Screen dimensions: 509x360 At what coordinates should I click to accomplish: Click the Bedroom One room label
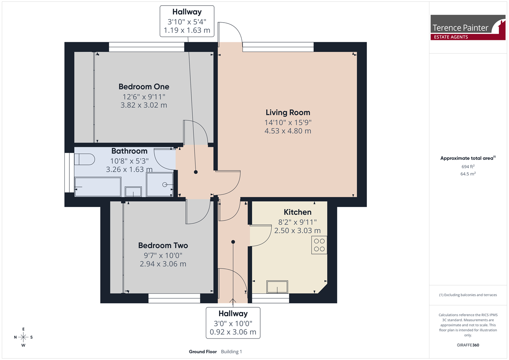click(x=144, y=87)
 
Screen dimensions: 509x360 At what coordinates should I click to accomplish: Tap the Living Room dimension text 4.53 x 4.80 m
click(x=288, y=131)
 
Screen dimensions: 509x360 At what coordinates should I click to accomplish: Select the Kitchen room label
click(x=297, y=212)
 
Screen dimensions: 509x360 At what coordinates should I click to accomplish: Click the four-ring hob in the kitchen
click(x=319, y=245)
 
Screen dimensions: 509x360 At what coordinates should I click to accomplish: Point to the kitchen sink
click(x=277, y=287)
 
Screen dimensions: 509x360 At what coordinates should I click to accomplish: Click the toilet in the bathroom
click(x=84, y=159)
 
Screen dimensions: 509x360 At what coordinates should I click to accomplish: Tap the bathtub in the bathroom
click(x=98, y=187)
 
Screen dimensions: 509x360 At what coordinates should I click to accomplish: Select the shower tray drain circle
click(x=164, y=185)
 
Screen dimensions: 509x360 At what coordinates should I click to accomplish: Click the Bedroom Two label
click(x=163, y=245)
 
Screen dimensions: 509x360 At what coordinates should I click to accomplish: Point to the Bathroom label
click(x=129, y=151)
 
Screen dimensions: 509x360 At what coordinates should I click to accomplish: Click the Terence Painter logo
click(x=468, y=28)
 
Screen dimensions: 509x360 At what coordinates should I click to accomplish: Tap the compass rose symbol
click(x=23, y=337)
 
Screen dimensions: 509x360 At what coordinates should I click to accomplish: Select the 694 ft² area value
click(x=468, y=167)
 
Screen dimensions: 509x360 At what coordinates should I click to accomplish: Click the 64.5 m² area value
click(x=468, y=174)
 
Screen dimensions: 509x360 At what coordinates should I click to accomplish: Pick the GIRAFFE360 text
click(x=468, y=345)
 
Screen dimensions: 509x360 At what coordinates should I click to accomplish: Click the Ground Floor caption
click(x=203, y=352)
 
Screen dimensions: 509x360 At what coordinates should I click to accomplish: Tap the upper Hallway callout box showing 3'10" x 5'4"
click(x=187, y=21)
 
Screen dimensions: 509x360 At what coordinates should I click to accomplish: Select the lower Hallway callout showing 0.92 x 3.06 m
click(x=233, y=323)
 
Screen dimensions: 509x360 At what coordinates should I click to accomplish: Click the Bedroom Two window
click(x=174, y=298)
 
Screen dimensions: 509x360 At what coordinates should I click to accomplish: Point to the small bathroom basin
click(x=133, y=191)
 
